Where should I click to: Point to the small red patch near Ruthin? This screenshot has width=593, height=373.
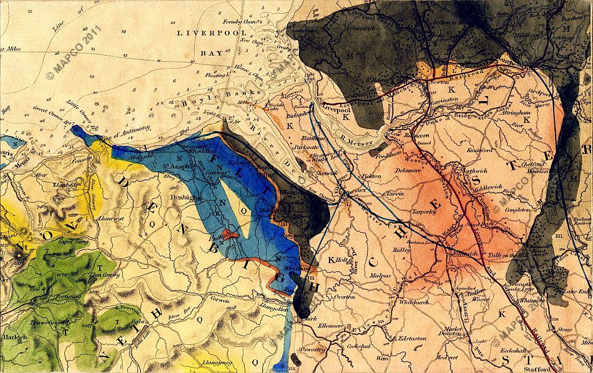230,234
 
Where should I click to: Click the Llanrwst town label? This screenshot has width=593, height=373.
109,218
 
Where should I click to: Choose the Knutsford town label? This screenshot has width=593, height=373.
479,150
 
